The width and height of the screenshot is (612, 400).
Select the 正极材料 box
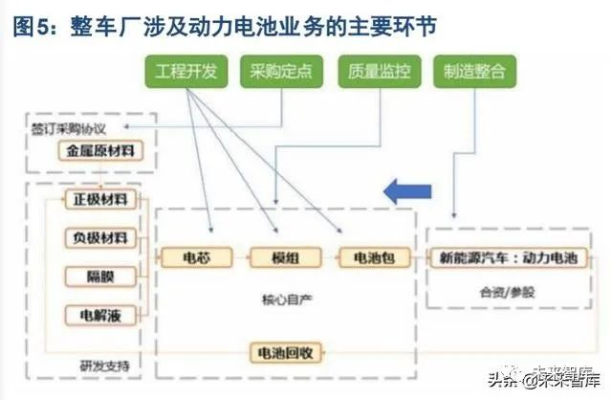pos(100,199)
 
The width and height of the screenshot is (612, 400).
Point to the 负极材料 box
pos(100,237)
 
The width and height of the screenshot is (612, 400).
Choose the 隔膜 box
pos(100,276)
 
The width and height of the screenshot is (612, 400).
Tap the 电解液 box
pos(100,314)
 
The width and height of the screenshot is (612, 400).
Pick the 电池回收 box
pos(282,352)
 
